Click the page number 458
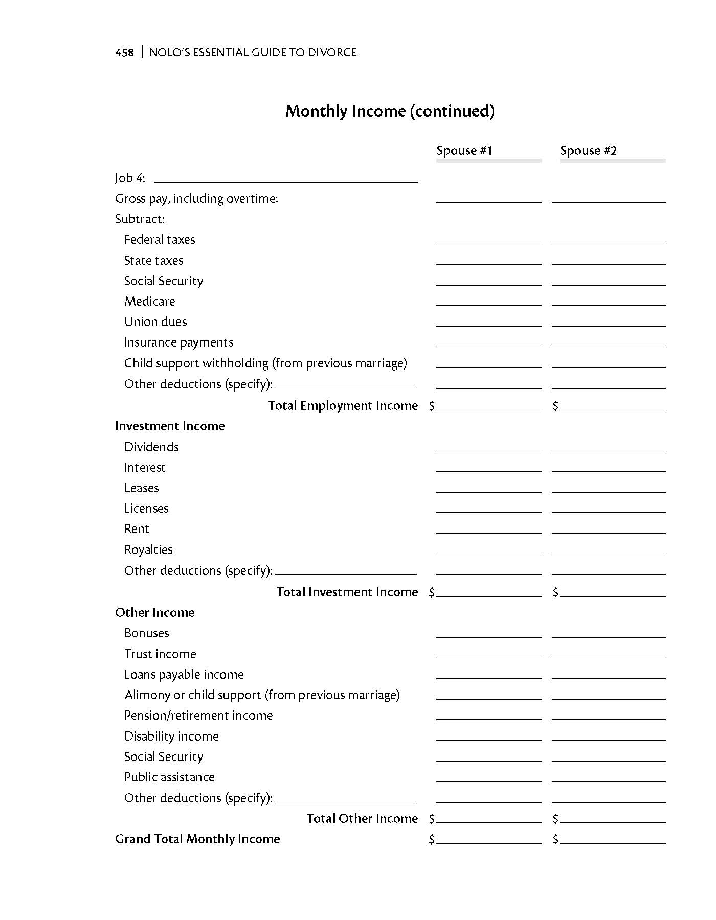coord(124,52)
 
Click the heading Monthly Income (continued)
coord(390,111)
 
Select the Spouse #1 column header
coord(464,151)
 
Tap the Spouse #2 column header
coord(588,151)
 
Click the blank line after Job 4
coord(286,178)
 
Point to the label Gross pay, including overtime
coord(196,199)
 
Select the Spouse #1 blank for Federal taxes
coord(488,240)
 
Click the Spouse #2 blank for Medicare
coord(609,302)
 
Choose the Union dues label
coord(155,322)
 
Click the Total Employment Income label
coord(343,406)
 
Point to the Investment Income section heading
coord(170,426)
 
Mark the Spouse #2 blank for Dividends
coord(609,447)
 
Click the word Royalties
coord(148,550)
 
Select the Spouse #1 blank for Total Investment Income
coord(489,592)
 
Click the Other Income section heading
coord(154,613)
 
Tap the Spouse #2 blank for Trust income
coord(609,654)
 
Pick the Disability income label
coord(171,737)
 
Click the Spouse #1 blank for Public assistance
coord(488,777)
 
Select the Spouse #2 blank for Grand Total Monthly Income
coord(613,839)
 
